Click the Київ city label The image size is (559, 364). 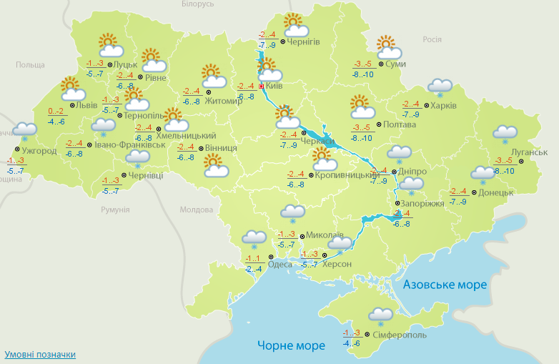tap(274, 86)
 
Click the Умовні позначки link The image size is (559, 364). tap(40, 354)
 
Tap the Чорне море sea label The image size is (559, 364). tap(291, 346)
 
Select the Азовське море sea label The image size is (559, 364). tap(445, 285)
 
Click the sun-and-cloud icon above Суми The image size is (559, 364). tap(387, 48)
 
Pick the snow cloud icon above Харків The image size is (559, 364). tap(440, 87)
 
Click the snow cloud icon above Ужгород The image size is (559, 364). tap(25, 131)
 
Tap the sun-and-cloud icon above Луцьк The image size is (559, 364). tap(109, 46)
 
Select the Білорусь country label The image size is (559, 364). tap(197, 4)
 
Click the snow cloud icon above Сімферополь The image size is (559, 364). tap(380, 315)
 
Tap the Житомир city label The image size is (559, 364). tap(223, 100)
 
